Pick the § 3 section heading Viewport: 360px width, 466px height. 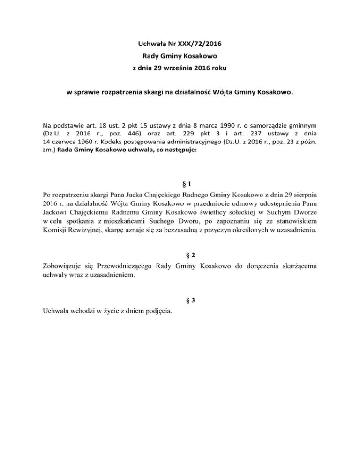(x=180, y=301)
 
